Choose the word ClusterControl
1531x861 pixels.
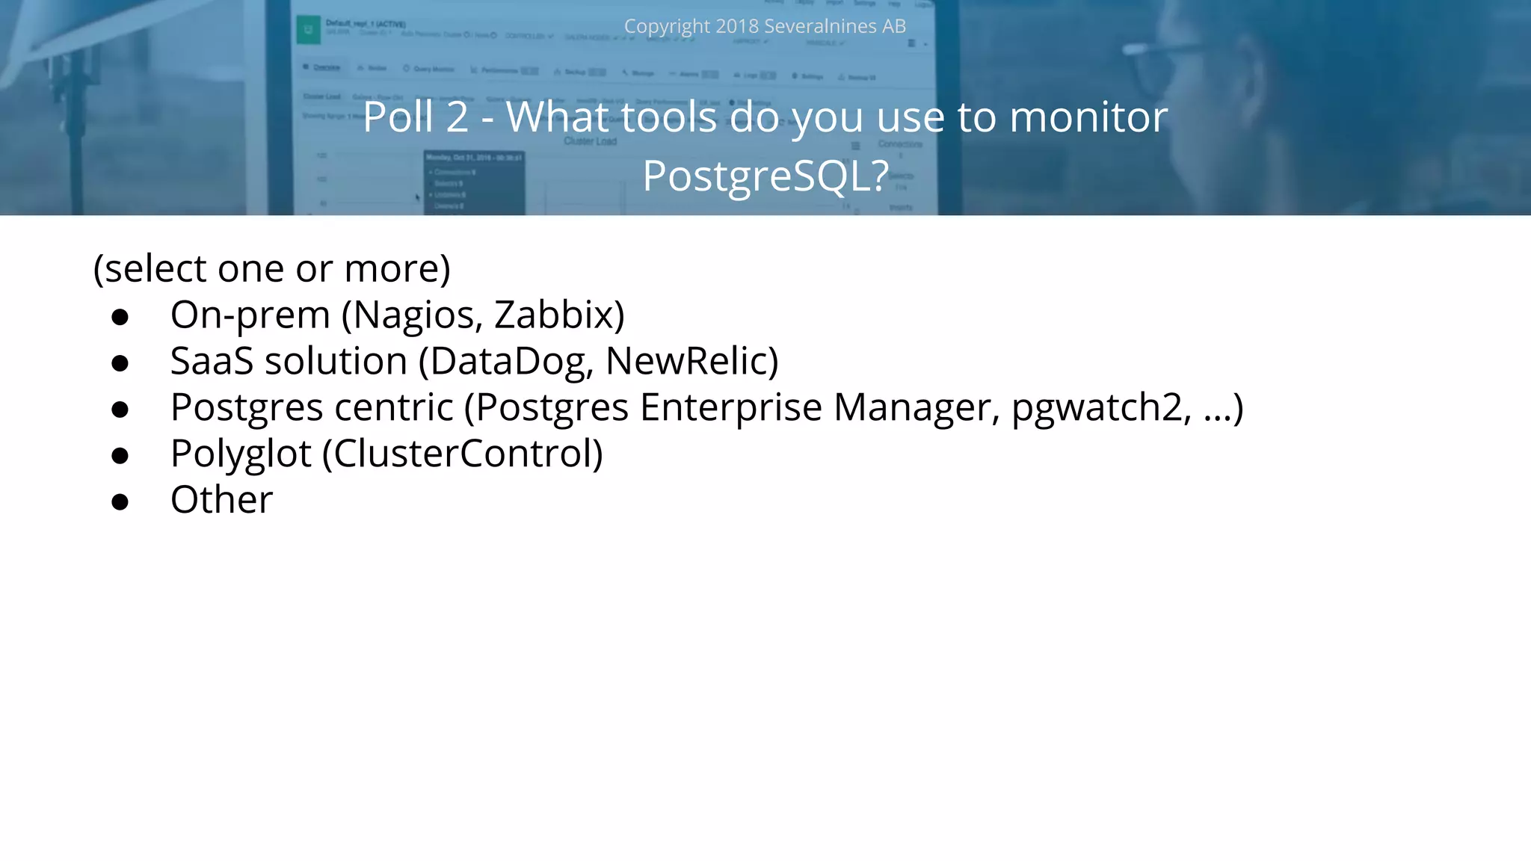tap(462, 454)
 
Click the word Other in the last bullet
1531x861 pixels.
tap(221, 500)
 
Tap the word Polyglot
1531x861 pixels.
tap(241, 454)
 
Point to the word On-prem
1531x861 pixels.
tap(250, 315)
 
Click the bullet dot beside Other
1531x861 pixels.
tap(120, 502)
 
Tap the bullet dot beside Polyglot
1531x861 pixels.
tap(120, 456)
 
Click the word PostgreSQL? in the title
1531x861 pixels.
tap(765, 176)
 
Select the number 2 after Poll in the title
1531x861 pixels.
tap(457, 117)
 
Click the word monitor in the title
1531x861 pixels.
tap(1088, 117)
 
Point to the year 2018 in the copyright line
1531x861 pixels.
tap(736, 26)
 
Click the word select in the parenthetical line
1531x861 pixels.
tap(155, 269)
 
